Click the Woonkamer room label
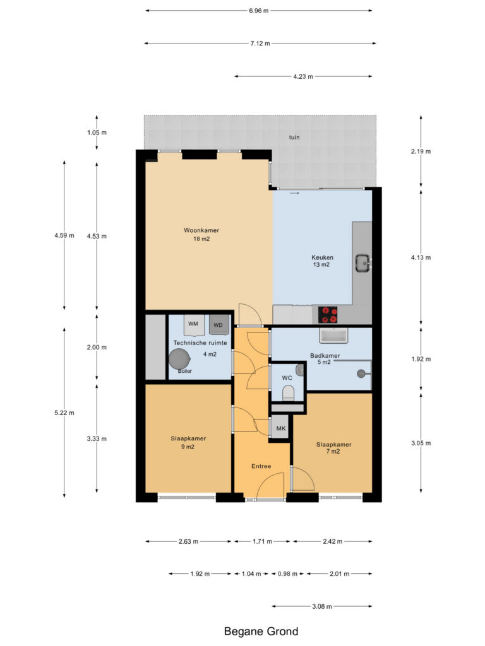tap(201, 230)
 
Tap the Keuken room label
tap(322, 257)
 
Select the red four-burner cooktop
tap(328, 315)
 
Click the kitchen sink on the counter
tap(363, 263)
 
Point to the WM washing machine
tap(193, 324)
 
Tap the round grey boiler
tap(179, 359)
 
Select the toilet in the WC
tap(288, 392)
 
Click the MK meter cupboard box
tap(281, 428)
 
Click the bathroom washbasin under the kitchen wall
tap(333, 336)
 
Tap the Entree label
tap(261, 466)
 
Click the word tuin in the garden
tap(294, 137)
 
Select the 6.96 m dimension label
tap(258, 11)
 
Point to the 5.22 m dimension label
tap(64, 413)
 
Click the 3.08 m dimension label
tap(321, 606)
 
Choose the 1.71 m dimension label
tap(262, 541)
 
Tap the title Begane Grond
tap(261, 631)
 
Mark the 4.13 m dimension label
tap(421, 257)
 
